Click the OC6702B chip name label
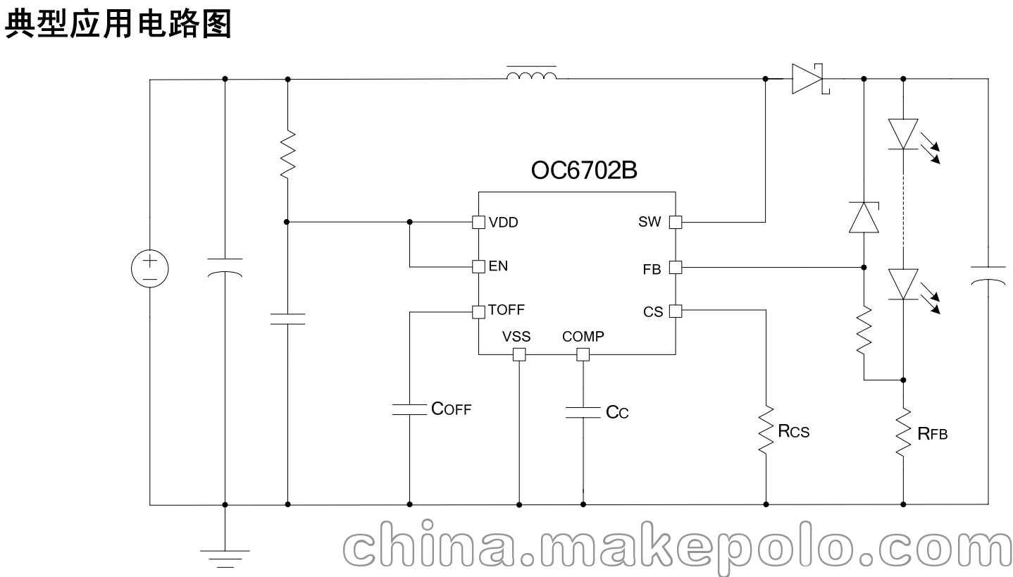point(584,170)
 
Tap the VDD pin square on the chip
point(478,222)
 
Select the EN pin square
point(478,266)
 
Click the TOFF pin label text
point(506,310)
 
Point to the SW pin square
point(676,222)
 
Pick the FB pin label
point(652,270)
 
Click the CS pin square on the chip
point(676,311)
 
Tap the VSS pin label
point(516,337)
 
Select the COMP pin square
point(583,354)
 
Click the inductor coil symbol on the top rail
point(531,74)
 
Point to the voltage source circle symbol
point(150,268)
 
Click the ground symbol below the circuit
point(225,559)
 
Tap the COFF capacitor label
point(452,409)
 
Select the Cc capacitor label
point(617,412)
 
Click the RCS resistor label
point(794,431)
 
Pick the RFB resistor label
point(933,434)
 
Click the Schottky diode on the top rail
point(809,79)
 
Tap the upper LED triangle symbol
point(903,134)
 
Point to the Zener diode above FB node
point(864,218)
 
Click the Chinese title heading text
point(118,24)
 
